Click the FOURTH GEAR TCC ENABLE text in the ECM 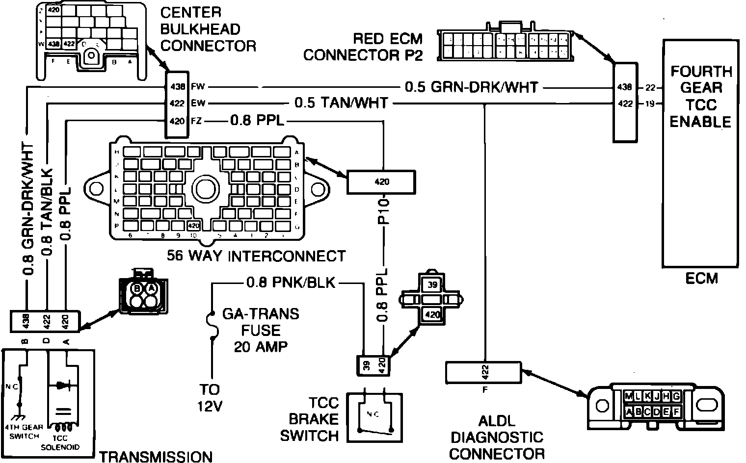[x=700, y=96]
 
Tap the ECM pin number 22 [x=651, y=88]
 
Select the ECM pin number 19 [x=651, y=103]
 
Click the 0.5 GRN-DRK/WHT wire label [x=472, y=87]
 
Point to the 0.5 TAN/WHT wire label [x=341, y=103]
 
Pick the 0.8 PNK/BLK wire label [x=291, y=283]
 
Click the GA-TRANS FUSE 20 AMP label [x=261, y=330]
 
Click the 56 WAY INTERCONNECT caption [x=256, y=256]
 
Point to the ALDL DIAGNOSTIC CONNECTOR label [x=496, y=437]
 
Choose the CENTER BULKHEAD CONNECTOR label [x=208, y=29]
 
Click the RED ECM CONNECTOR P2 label [x=362, y=47]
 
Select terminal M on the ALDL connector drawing [x=629, y=396]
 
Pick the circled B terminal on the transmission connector [x=138, y=288]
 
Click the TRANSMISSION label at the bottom [x=156, y=457]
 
